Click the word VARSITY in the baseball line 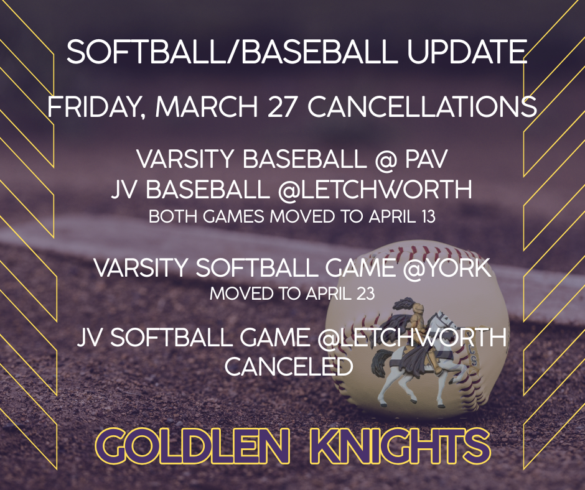pyautogui.click(x=185, y=160)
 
